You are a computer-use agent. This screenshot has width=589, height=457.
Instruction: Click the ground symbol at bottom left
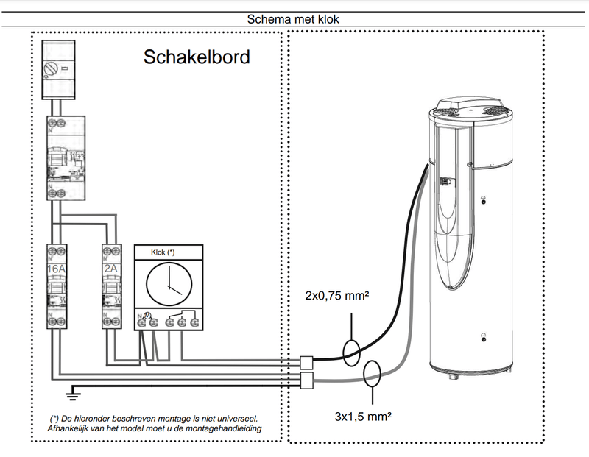coord(71,395)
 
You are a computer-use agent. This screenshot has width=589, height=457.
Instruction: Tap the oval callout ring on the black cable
coord(352,353)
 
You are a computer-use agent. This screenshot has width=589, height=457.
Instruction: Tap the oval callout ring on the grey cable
coord(373,375)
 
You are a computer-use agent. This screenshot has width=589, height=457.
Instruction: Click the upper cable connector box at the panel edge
coord(307,362)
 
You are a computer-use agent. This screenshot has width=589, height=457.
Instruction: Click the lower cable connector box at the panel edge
coord(307,380)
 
